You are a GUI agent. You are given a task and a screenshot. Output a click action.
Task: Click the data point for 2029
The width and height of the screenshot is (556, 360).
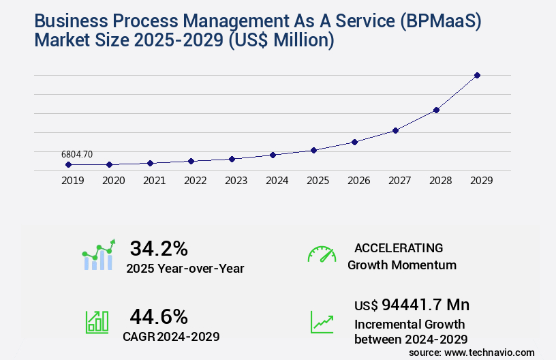click(x=477, y=75)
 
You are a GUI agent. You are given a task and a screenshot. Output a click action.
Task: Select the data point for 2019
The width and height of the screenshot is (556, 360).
click(x=68, y=164)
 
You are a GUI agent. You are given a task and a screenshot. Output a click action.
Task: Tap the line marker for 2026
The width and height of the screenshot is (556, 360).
click(x=354, y=142)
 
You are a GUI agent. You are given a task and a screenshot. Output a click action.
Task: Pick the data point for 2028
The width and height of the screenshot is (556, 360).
click(x=436, y=110)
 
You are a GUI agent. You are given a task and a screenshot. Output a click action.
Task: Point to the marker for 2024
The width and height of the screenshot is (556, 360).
click(x=273, y=155)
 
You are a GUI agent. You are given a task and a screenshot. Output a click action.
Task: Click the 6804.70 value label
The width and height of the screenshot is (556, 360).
click(x=76, y=155)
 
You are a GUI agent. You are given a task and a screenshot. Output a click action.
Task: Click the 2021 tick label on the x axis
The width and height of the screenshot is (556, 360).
click(x=154, y=181)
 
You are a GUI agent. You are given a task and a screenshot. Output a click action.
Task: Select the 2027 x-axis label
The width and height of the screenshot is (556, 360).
click(x=399, y=181)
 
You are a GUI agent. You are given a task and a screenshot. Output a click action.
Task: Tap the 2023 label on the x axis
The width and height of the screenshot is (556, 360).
click(x=236, y=181)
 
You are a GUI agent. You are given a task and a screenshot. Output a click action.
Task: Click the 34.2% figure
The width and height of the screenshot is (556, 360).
click(x=159, y=248)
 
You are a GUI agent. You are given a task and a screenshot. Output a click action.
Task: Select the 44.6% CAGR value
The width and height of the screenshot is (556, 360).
click(x=159, y=316)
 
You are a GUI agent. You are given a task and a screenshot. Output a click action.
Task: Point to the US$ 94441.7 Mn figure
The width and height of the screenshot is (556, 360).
click(x=412, y=304)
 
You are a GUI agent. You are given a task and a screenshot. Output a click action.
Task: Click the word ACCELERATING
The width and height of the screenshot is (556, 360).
click(x=399, y=247)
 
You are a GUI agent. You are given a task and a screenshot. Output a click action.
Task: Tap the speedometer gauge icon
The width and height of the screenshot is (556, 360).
click(x=322, y=254)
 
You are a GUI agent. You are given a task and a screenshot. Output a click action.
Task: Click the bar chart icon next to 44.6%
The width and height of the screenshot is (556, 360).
click(x=97, y=322)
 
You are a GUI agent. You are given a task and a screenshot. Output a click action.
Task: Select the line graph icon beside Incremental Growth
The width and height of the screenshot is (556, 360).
click(x=322, y=322)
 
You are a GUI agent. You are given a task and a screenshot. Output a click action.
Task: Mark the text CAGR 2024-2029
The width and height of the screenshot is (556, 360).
click(x=171, y=336)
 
